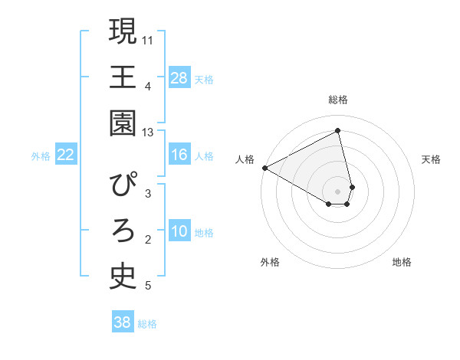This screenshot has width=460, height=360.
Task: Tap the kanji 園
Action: pyautogui.click(x=123, y=124)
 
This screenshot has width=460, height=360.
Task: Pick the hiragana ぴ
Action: pyautogui.click(x=123, y=185)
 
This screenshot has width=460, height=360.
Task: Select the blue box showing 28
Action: pyautogui.click(x=179, y=78)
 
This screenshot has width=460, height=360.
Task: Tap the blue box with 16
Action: pyautogui.click(x=179, y=155)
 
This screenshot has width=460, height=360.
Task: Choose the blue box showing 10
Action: pyautogui.click(x=179, y=232)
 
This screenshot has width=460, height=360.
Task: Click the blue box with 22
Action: pyautogui.click(x=66, y=155)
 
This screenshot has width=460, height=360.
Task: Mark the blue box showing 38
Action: pyautogui.click(x=123, y=323)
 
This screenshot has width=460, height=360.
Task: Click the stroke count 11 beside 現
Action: pyautogui.click(x=148, y=39)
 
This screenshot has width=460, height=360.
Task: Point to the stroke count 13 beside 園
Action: pyautogui.click(x=147, y=133)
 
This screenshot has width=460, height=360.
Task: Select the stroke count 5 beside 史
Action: pyautogui.click(x=147, y=286)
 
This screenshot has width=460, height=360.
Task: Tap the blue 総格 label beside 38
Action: pyautogui.click(x=147, y=324)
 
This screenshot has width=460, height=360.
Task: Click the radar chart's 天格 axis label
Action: pyautogui.click(x=432, y=159)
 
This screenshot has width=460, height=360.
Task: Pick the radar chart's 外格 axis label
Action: pyautogui.click(x=270, y=262)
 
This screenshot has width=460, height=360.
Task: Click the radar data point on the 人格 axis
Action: pyautogui.click(x=264, y=168)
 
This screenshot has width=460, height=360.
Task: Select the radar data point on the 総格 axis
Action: pyautogui.click(x=337, y=130)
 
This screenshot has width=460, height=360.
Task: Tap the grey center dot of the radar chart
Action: pyautogui.click(x=337, y=191)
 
